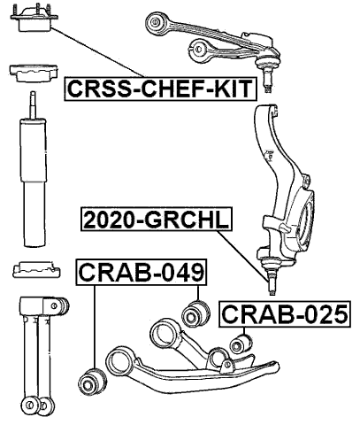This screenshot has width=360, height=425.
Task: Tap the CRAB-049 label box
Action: (x=142, y=273)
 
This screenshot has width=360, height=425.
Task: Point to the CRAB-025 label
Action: (x=283, y=313)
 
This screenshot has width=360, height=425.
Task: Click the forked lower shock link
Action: (x=37, y=354)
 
